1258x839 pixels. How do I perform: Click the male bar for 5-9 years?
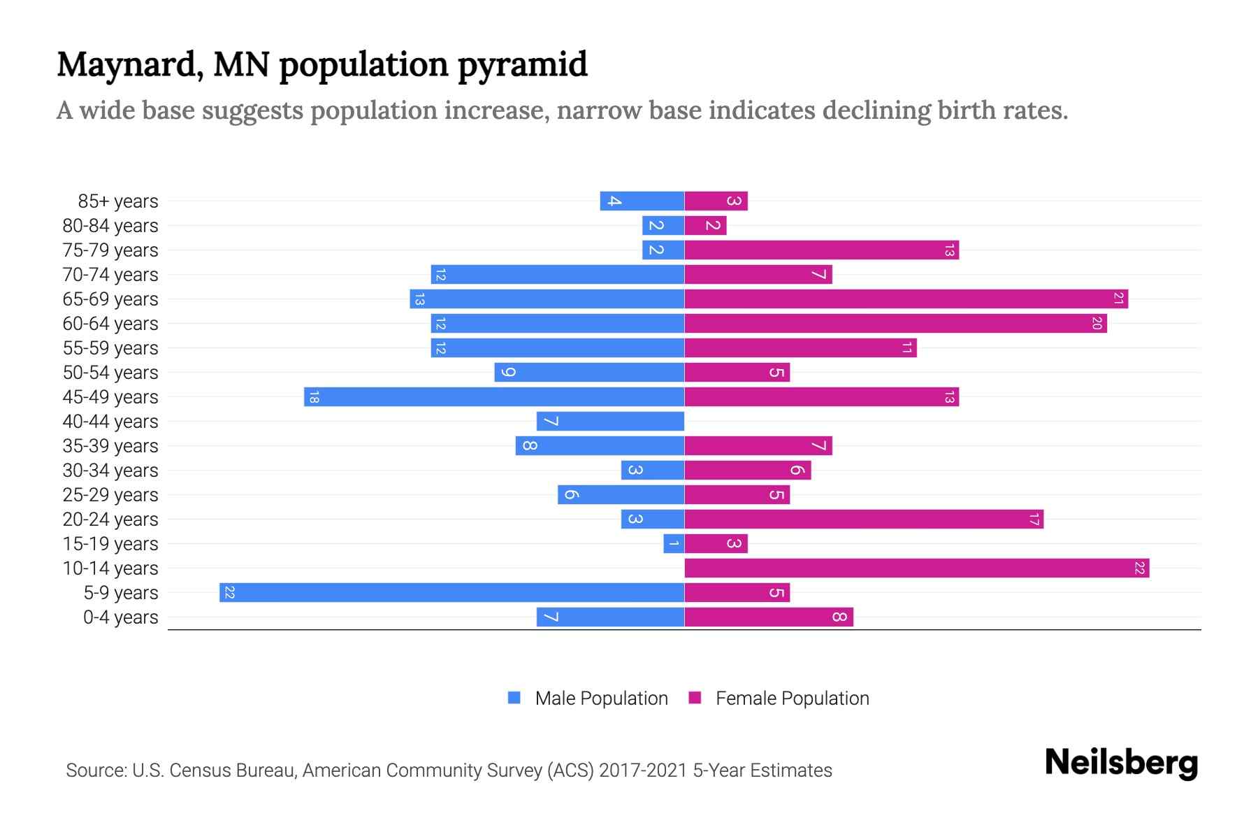tap(451, 592)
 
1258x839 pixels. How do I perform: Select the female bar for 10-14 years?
tap(916, 568)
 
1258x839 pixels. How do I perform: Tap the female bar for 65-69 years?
tap(906, 299)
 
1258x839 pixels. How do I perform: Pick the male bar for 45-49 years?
tap(493, 396)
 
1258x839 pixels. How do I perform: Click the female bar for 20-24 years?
tap(863, 519)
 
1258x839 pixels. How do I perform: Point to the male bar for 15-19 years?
tap(674, 543)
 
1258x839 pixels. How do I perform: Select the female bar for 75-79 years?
tap(821, 250)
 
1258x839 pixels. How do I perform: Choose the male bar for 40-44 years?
tap(610, 421)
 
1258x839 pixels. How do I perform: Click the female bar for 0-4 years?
tap(769, 617)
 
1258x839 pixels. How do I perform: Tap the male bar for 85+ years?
tap(642, 201)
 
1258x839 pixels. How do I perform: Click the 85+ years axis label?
tap(118, 201)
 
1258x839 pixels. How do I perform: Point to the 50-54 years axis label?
tap(110, 373)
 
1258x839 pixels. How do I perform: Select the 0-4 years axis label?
tap(120, 617)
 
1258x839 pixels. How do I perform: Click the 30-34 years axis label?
tap(110, 471)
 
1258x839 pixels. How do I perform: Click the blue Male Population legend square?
tap(514, 698)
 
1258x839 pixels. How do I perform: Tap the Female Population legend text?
tap(792, 698)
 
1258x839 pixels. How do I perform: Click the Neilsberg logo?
tap(1121, 763)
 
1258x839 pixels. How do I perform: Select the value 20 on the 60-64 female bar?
tap(1097, 324)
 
